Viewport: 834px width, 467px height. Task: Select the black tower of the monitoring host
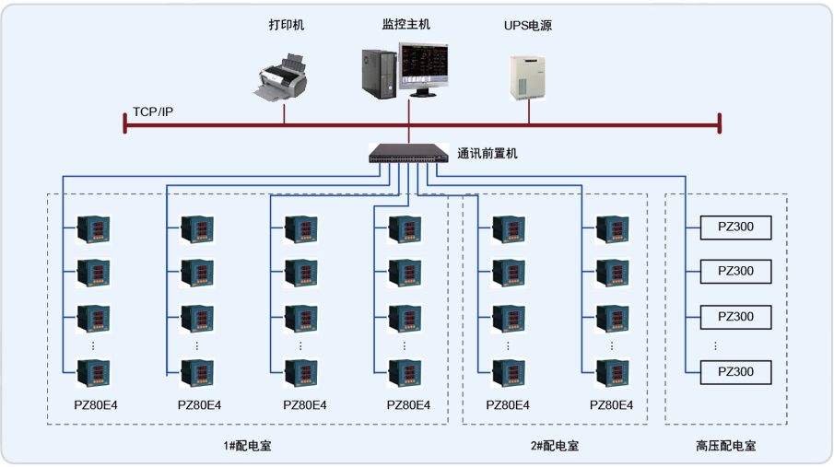coord(379,72)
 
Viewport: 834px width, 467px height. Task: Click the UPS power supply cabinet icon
coord(528,77)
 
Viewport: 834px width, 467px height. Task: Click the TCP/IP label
coord(153,111)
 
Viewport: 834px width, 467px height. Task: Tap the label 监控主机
coord(406,24)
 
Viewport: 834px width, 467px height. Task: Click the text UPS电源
coord(528,25)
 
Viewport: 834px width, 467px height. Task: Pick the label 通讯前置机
coord(487,153)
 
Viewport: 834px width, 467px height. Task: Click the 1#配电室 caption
coord(247,446)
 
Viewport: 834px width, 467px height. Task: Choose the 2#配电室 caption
coord(555,446)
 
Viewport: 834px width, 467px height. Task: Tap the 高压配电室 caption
coord(726,446)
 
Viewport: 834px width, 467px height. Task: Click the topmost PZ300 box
coord(735,226)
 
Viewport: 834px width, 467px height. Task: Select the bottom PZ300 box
coord(735,371)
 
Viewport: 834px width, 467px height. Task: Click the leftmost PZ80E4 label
coord(96,404)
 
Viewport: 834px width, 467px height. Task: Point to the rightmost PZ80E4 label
coord(612,404)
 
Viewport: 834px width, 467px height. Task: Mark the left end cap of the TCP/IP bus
coord(125,123)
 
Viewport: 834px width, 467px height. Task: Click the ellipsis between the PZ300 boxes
coord(716,345)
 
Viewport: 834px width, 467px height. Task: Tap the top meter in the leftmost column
coord(93,228)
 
